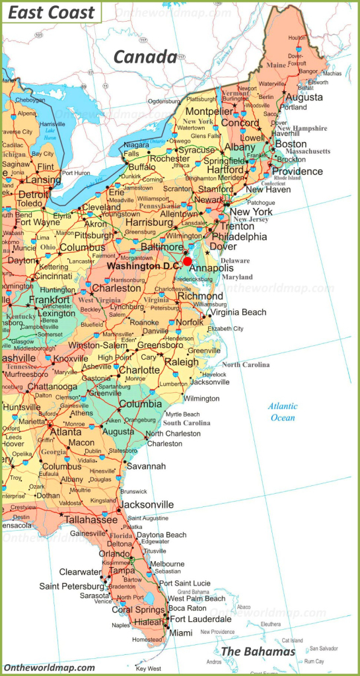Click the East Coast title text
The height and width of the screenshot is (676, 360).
pos(52,13)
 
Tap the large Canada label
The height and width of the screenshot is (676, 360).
pos(145,57)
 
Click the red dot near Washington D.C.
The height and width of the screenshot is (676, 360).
pos(188,261)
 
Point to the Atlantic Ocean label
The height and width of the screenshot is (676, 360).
pos(283,412)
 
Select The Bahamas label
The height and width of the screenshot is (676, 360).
pos(258,652)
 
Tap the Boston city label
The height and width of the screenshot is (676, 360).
pos(291,144)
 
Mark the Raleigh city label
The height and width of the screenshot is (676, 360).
pos(182,362)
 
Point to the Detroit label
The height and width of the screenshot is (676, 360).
pos(33,195)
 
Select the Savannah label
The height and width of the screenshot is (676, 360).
pos(147,466)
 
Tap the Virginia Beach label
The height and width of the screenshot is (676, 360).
pos(238,312)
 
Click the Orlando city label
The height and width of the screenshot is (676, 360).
pos(114,554)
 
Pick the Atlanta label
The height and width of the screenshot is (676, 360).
pos(66,432)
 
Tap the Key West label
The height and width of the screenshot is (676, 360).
pos(148,667)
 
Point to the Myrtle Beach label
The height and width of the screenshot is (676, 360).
pos(183,414)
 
